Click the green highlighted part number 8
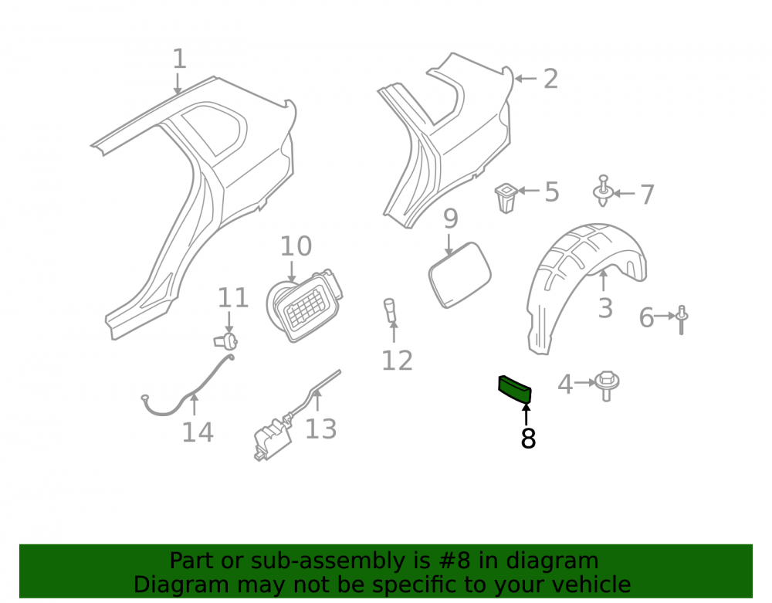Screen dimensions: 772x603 click(515, 389)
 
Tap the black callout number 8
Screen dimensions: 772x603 click(528, 438)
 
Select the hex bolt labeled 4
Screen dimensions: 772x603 click(607, 385)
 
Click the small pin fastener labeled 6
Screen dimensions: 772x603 click(682, 320)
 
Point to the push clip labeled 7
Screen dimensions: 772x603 click(603, 191)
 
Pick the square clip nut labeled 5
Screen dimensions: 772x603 click(505, 198)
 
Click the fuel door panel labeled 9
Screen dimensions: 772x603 click(460, 275)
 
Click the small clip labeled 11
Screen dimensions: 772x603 click(226, 340)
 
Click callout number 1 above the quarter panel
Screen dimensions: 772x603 click(180, 59)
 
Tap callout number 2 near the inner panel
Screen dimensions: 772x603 click(551, 79)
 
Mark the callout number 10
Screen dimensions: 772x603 click(296, 246)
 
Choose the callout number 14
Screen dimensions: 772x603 click(198, 432)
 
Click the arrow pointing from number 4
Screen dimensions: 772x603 click(584, 382)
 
